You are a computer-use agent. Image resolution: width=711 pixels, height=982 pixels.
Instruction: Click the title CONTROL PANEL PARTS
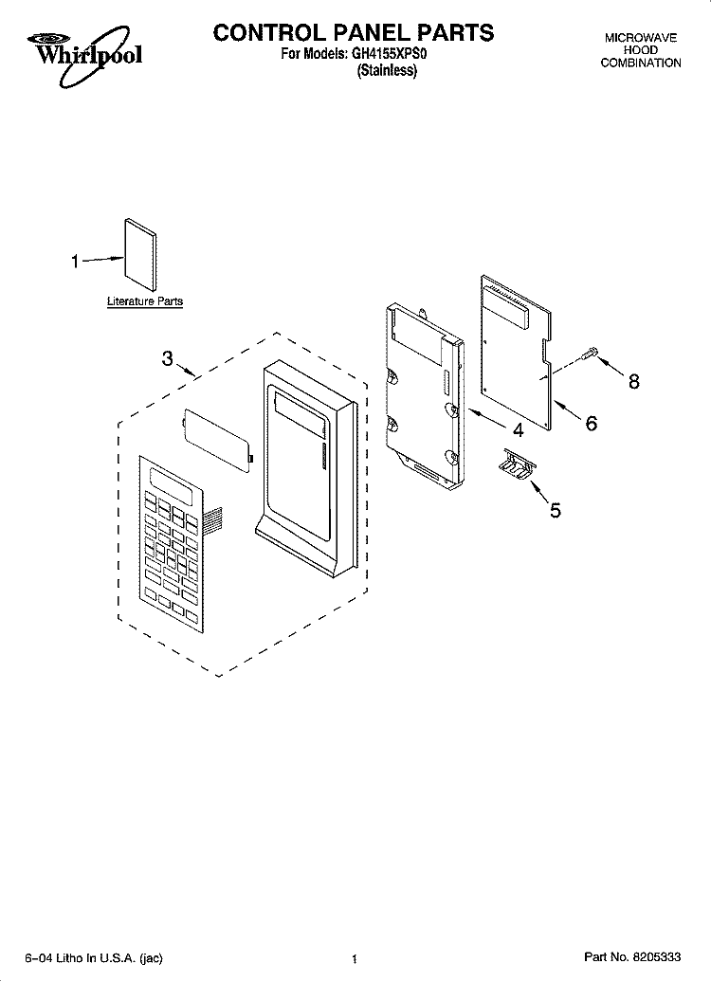point(354,32)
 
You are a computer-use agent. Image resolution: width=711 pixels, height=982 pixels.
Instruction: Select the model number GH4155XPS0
point(389,54)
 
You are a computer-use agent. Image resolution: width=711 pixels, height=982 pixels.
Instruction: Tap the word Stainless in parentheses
point(387,70)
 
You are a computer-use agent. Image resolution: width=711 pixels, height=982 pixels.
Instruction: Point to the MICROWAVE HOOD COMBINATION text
point(640,50)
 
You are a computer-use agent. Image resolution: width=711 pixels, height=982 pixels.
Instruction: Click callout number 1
point(75,262)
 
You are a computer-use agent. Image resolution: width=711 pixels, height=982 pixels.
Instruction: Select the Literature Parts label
point(145,301)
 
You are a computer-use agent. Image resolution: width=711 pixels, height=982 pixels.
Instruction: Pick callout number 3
point(167,358)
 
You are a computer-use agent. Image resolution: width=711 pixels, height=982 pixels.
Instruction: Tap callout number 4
point(518,430)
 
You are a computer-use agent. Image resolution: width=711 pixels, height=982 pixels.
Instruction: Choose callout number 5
point(555,510)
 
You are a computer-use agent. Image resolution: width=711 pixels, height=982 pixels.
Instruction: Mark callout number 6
point(591,423)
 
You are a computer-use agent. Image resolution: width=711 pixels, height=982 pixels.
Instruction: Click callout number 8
point(634,381)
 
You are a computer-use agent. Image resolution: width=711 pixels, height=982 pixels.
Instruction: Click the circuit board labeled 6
point(517,352)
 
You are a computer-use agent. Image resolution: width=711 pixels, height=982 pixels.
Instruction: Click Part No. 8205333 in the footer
point(632,957)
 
